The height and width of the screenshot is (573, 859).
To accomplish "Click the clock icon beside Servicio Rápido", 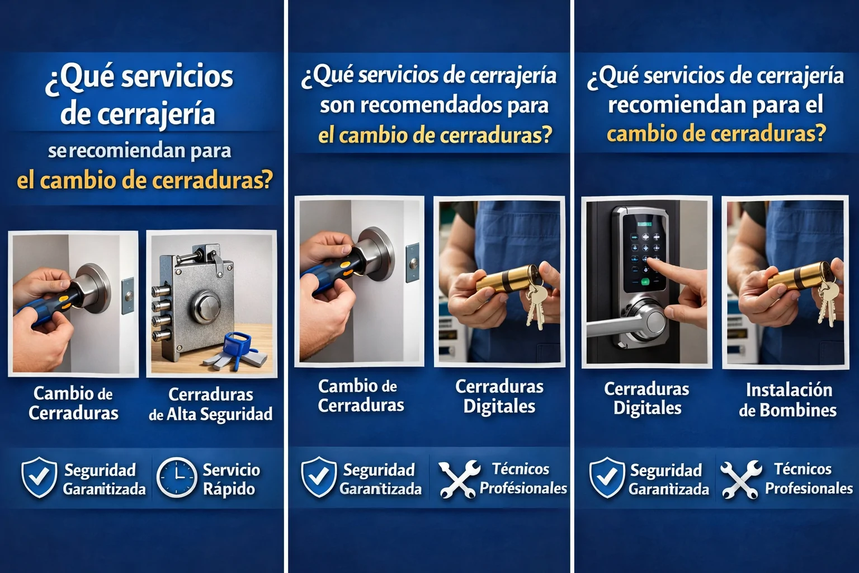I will (177, 478).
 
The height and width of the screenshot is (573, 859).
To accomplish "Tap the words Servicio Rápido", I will (230, 479).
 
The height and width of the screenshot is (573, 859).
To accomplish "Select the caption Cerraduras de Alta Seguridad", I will (211, 405).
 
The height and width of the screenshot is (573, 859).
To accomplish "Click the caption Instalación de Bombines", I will (788, 400).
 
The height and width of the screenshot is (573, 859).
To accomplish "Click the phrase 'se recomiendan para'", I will (139, 151).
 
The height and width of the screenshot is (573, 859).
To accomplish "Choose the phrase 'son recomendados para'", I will (434, 105).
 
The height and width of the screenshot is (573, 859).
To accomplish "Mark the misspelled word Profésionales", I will (523, 489).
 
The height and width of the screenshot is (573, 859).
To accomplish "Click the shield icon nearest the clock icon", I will (39, 478).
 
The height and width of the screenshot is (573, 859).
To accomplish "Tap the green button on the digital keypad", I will (645, 281).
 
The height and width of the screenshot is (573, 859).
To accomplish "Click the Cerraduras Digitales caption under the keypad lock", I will (647, 398).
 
